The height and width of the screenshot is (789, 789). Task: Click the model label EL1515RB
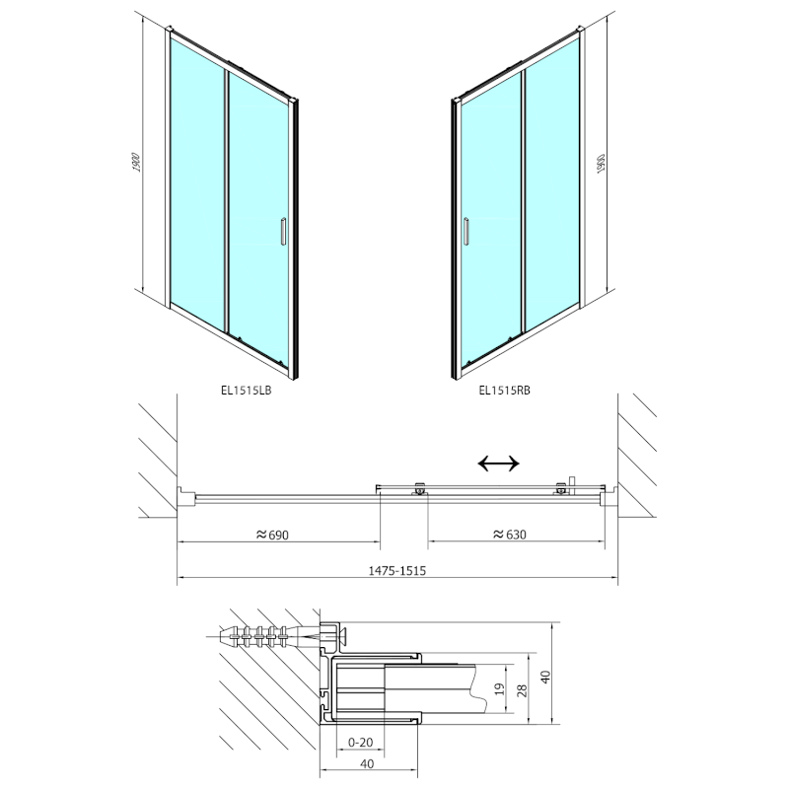(x=504, y=389)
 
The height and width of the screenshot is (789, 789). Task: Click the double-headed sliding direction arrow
(x=498, y=463)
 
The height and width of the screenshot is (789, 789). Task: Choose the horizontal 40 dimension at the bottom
(x=368, y=764)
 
